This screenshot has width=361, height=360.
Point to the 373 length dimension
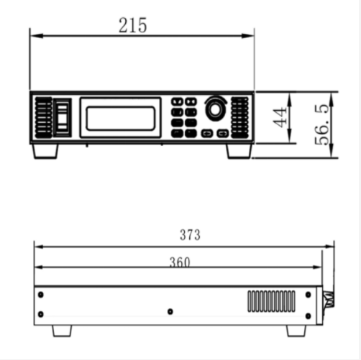[190, 235]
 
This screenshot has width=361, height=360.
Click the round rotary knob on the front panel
[214, 109]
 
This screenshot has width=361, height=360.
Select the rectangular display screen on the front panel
[121, 118]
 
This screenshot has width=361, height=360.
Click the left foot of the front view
[44, 151]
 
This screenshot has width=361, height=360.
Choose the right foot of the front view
[239, 151]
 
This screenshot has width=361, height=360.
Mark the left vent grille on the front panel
[42, 117]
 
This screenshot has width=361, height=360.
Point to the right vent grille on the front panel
[240, 116]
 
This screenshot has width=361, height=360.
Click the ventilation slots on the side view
[273, 301]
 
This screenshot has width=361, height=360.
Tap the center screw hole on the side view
[170, 312]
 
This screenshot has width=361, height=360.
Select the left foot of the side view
[61, 331]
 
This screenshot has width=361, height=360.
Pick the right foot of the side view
[296, 331]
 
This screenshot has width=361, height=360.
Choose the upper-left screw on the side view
[41, 294]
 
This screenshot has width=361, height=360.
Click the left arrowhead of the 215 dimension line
[32, 34]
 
